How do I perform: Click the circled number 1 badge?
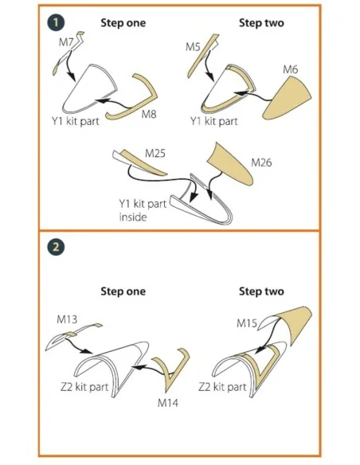[56, 22]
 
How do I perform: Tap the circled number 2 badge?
[56, 247]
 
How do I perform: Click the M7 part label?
[66, 42]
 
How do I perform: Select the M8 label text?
[149, 114]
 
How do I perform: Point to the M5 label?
[193, 46]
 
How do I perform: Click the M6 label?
[291, 69]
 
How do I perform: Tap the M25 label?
[155, 154]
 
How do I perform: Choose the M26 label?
[261, 162]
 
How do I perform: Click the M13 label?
[67, 319]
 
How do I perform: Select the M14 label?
[168, 403]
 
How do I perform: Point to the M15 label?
[247, 323]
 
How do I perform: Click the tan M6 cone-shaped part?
[288, 99]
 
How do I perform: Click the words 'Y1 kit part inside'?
[143, 210]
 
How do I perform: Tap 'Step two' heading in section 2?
[261, 291]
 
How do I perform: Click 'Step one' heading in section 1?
[123, 23]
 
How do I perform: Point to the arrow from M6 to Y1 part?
[252, 96]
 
